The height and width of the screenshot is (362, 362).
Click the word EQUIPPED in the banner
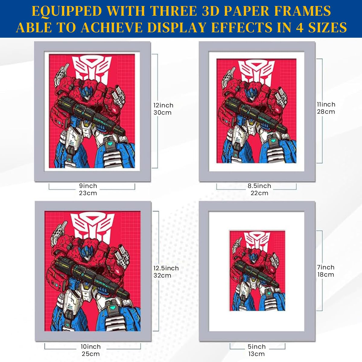(67, 11)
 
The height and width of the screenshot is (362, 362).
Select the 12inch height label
(164, 105)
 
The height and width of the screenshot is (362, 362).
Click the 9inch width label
(88, 186)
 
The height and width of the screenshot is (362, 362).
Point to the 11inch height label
(326, 104)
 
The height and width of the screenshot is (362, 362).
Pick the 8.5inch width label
(259, 186)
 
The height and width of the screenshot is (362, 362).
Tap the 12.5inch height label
(166, 268)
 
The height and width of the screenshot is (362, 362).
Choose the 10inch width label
(91, 347)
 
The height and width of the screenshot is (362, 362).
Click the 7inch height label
(326, 267)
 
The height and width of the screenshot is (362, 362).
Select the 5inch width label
(257, 347)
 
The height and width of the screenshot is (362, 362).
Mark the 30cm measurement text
(163, 113)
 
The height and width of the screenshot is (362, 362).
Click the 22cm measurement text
(259, 193)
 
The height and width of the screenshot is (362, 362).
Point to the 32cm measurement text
(162, 276)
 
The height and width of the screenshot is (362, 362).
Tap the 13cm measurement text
(256, 354)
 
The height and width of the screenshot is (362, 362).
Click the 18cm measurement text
(326, 275)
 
